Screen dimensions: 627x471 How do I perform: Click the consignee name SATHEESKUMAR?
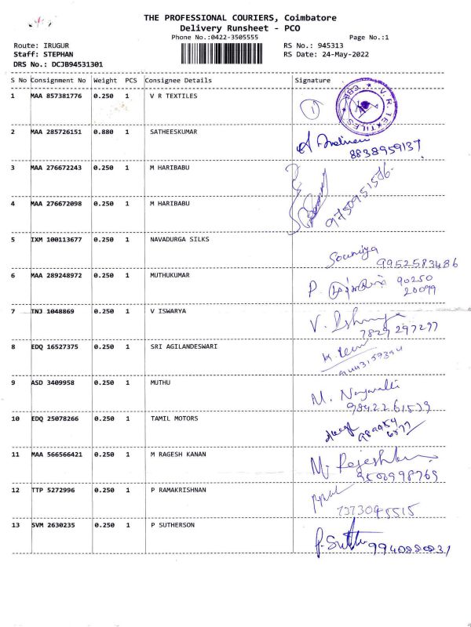click(x=173, y=132)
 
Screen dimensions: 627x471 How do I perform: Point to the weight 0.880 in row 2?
click(x=104, y=132)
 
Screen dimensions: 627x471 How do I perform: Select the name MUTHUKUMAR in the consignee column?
click(x=170, y=276)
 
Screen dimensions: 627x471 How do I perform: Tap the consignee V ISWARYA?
click(x=169, y=311)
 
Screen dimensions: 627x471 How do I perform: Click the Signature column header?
click(x=312, y=81)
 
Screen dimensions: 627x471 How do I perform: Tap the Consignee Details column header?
click(x=178, y=81)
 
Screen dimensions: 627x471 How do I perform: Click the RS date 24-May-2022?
click(x=326, y=54)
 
